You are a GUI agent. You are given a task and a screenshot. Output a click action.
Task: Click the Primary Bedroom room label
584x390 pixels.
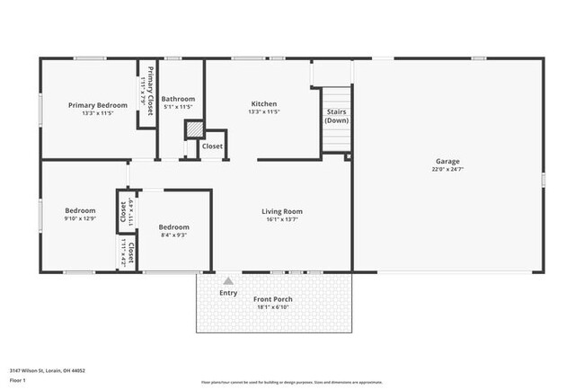pyautogui.click(x=98, y=105)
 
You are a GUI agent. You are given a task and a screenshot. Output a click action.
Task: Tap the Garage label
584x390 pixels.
pyautogui.click(x=448, y=161)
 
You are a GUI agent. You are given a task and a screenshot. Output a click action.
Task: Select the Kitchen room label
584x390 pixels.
pyautogui.click(x=263, y=104)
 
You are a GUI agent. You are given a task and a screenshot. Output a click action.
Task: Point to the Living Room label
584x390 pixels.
pyautogui.click(x=281, y=211)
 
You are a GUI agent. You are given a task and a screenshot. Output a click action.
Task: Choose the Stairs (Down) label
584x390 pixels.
pyautogui.click(x=337, y=116)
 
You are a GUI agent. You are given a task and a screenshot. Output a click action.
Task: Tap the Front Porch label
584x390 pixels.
pyautogui.click(x=270, y=299)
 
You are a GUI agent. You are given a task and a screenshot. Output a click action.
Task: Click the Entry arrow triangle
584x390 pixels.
pyautogui.click(x=228, y=281)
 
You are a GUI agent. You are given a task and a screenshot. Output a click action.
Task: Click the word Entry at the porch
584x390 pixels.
pyautogui.click(x=229, y=292)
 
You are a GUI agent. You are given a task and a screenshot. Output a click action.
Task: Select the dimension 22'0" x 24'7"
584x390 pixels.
pyautogui.click(x=448, y=169)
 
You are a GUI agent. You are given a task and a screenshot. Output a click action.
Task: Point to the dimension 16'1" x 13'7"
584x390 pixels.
pyautogui.click(x=281, y=219)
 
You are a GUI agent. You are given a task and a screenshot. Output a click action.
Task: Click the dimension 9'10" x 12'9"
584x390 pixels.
pyautogui.click(x=79, y=218)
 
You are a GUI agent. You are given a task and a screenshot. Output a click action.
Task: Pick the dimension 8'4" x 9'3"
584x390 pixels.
pyautogui.click(x=173, y=235)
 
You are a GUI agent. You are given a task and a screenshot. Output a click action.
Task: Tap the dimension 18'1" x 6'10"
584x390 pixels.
pyautogui.click(x=270, y=307)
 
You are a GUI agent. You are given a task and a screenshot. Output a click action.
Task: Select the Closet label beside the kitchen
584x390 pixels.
pyautogui.click(x=212, y=146)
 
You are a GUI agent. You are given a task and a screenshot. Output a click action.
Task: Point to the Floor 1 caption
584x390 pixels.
pyautogui.click(x=19, y=379)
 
